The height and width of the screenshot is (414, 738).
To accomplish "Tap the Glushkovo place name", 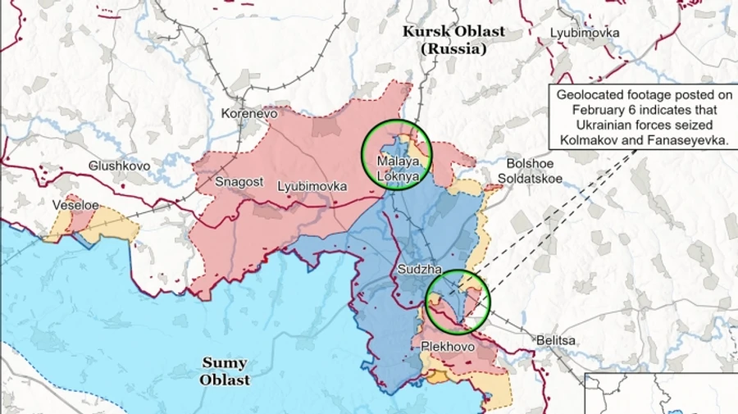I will click(x=119, y=166).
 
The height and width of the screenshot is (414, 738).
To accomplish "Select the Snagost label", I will click(x=239, y=182).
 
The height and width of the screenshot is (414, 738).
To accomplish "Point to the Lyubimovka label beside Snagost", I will click(x=312, y=186).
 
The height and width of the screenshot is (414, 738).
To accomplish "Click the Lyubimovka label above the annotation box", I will click(x=585, y=33).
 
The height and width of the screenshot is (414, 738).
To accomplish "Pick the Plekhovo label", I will click(x=448, y=347).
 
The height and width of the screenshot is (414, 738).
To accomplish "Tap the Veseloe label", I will click(x=76, y=205).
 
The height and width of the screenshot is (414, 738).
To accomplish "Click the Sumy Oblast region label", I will click(x=225, y=371).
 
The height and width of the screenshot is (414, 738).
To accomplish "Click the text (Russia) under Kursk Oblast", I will click(x=453, y=49).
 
